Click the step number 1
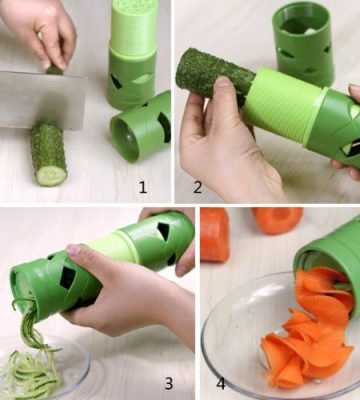tap(143, 187)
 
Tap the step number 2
tap(197, 187)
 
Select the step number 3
tap(169, 384)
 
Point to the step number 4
tap(221, 383)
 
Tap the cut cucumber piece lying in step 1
tap(49, 153)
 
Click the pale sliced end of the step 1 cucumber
tap(52, 175)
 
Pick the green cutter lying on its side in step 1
tap(141, 128)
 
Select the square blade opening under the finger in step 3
tap(68, 278)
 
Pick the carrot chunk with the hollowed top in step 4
tap(277, 220)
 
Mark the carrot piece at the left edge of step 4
tap(215, 235)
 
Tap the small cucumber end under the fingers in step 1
tap(55, 70)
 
